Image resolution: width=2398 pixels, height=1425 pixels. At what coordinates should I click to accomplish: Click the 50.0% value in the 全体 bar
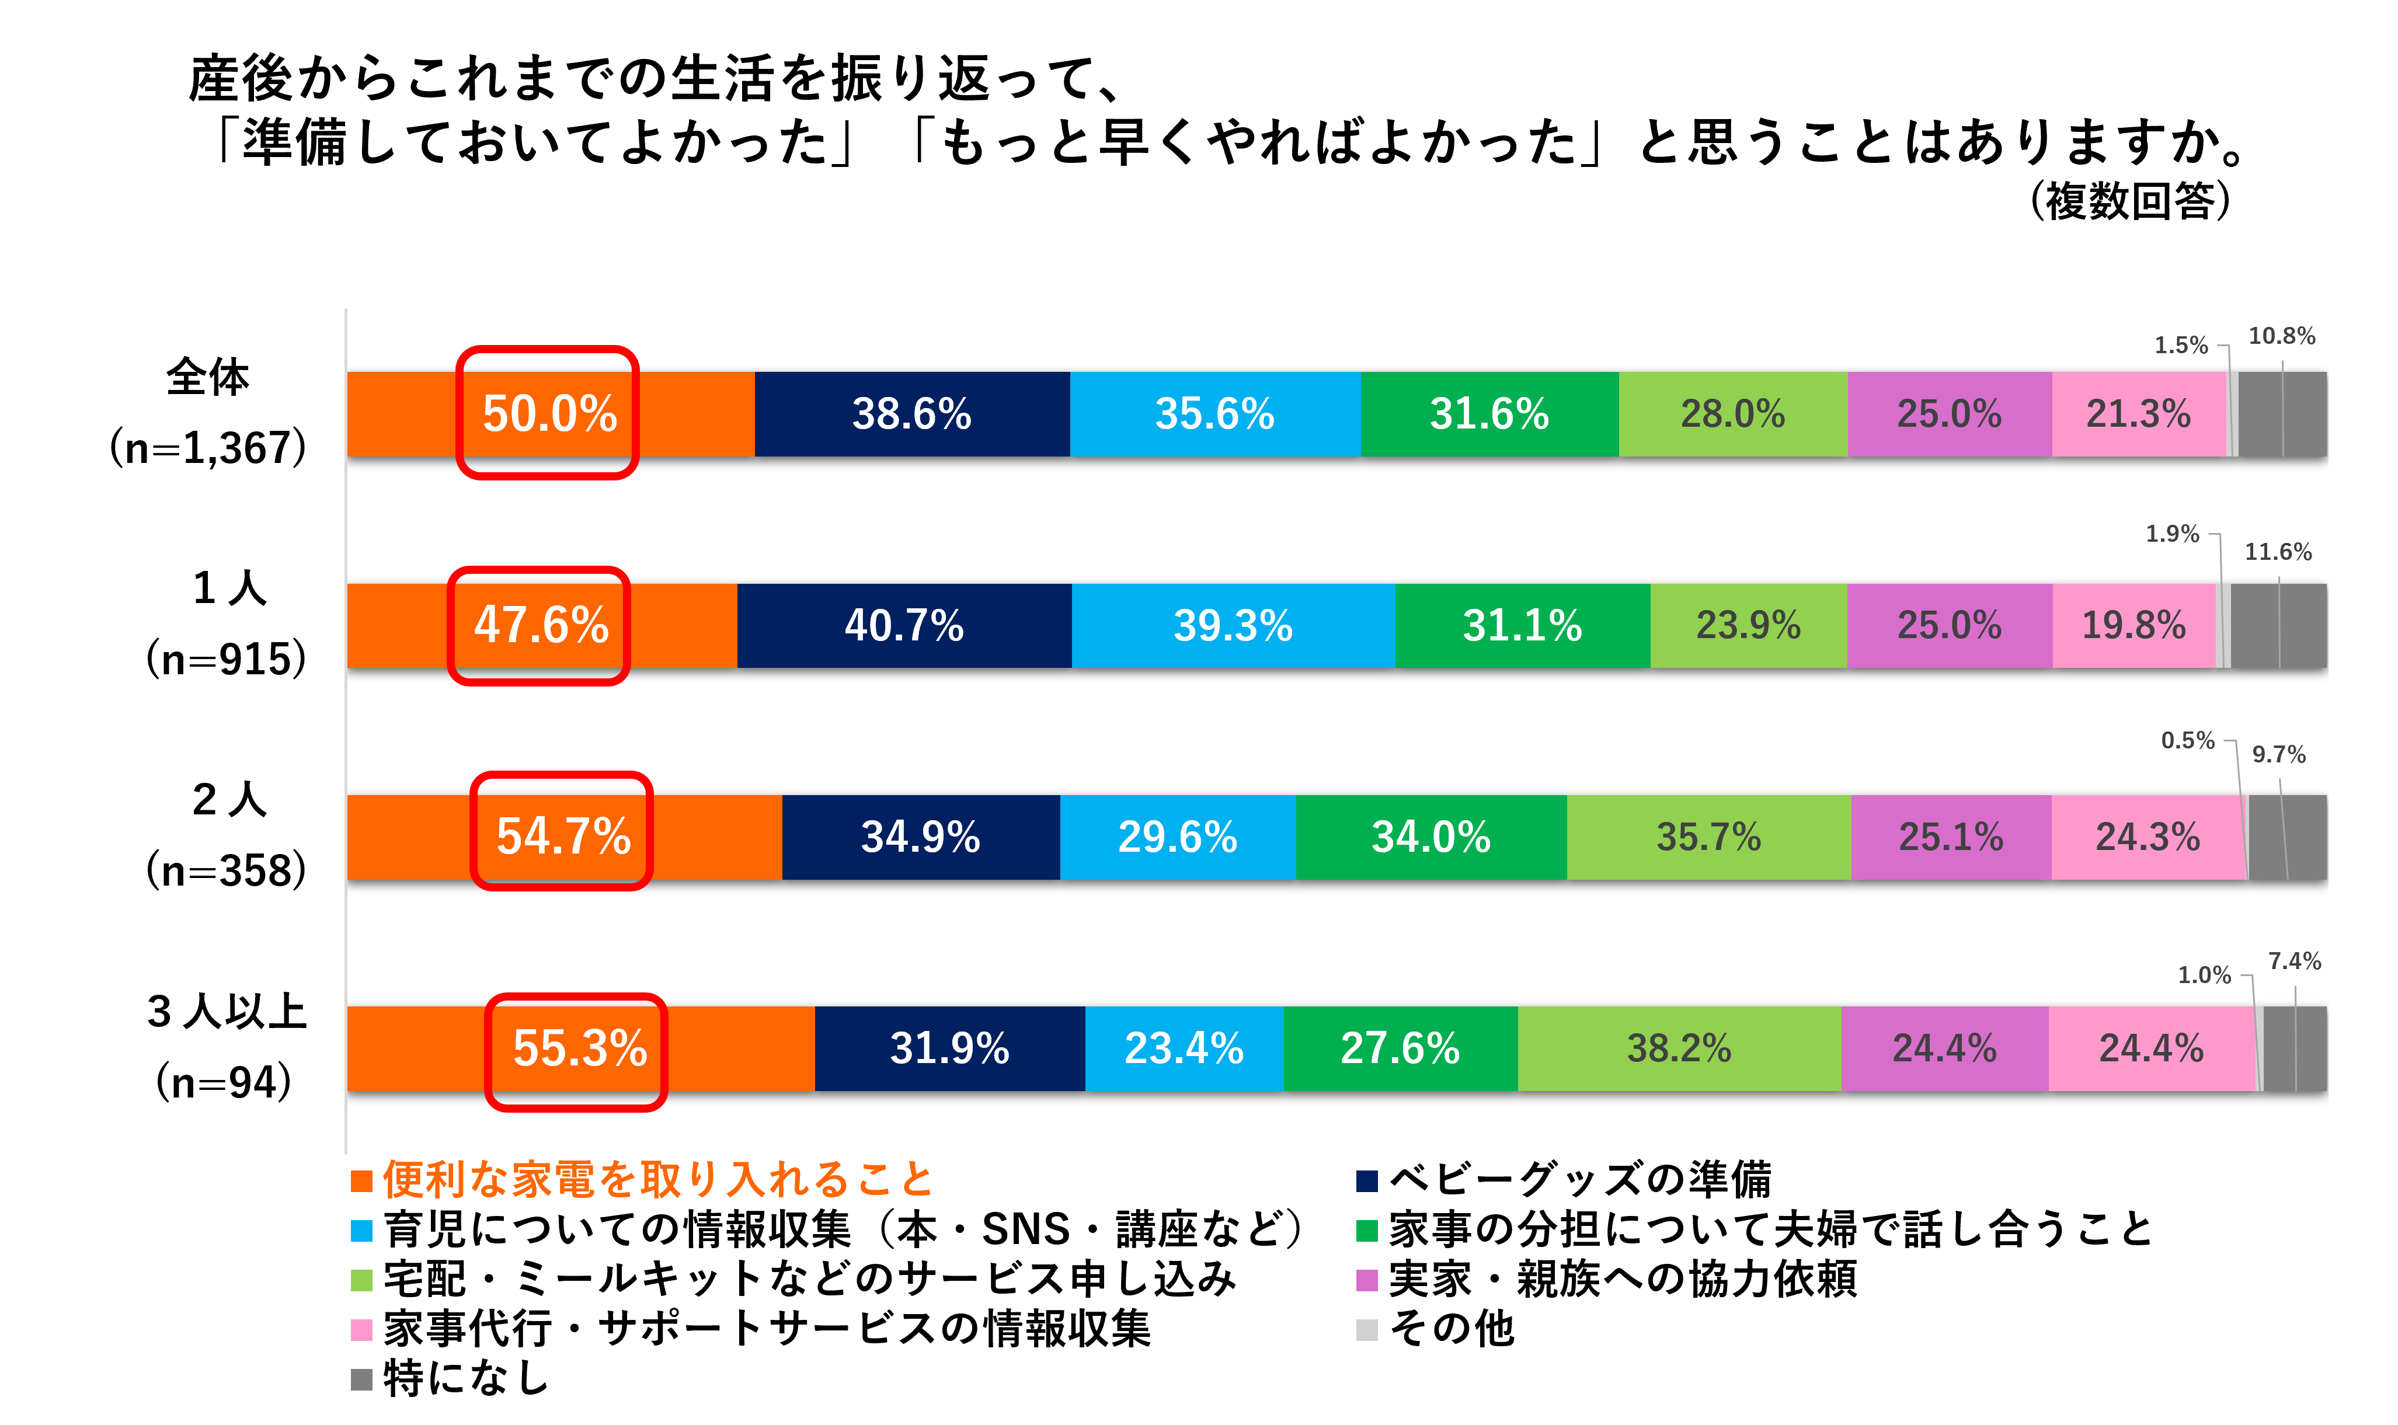coord(549,414)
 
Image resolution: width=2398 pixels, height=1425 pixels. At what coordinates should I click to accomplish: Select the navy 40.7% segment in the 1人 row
coord(904,625)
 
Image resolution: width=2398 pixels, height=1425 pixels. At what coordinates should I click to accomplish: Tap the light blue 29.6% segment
coord(1177,837)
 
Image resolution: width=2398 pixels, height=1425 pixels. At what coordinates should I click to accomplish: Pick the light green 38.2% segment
coord(1679,1048)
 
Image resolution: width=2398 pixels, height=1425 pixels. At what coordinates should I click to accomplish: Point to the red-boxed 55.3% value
coord(580,1048)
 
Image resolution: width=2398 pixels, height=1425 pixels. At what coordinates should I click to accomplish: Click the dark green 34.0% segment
coord(1431,837)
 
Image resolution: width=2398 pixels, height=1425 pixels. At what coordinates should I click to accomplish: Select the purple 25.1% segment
coord(1951,837)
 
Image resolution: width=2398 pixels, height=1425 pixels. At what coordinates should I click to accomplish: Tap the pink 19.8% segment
coord(2134,625)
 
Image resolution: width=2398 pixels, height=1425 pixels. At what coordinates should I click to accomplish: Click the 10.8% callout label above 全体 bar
coord(2282,336)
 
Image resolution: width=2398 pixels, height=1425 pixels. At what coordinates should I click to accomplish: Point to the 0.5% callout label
coord(2188,740)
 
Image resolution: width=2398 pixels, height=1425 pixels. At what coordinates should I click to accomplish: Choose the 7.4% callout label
coord(2294,961)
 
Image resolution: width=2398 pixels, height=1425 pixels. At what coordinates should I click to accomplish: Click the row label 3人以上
coord(227,1011)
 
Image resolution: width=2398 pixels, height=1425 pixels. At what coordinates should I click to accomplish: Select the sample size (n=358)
coord(227,870)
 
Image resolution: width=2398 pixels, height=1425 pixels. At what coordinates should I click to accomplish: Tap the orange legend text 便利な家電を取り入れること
coord(658,1179)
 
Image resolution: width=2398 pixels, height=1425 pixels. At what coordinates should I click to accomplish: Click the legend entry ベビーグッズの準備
coord(1580,1179)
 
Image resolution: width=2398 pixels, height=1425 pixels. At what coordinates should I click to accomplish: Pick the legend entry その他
coord(1451,1329)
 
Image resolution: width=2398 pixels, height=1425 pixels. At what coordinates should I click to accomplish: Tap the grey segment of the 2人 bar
coord(2288,837)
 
